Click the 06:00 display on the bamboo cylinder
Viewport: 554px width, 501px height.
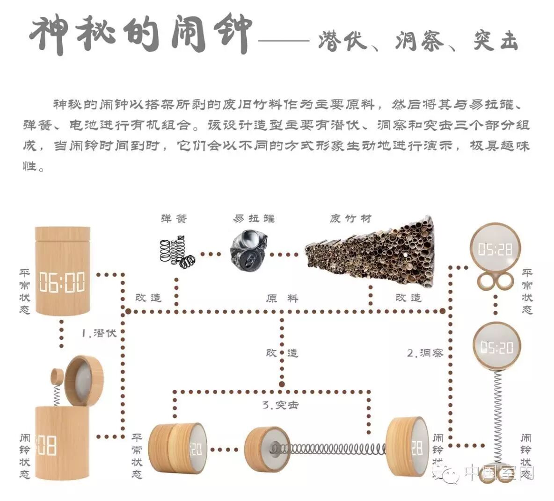[62, 283]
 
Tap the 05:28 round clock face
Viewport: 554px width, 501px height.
[495, 249]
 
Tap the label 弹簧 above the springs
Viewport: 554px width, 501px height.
[174, 218]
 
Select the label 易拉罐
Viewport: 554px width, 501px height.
[254, 218]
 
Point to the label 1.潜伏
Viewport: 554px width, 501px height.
[99, 333]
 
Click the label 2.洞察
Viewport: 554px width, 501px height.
[425, 353]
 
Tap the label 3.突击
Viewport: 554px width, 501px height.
[280, 405]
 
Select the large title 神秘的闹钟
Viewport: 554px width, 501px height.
[140, 35]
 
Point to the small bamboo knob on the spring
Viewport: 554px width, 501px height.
[57, 375]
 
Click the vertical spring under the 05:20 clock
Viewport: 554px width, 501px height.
[496, 411]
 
